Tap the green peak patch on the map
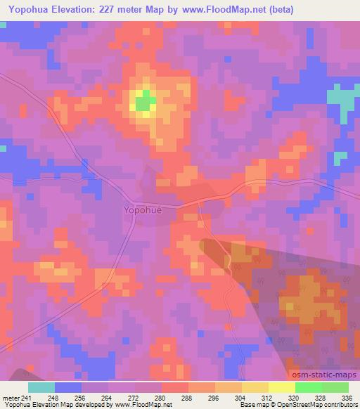(146, 103)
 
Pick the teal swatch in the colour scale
(41, 387)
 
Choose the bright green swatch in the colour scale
(309, 387)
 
